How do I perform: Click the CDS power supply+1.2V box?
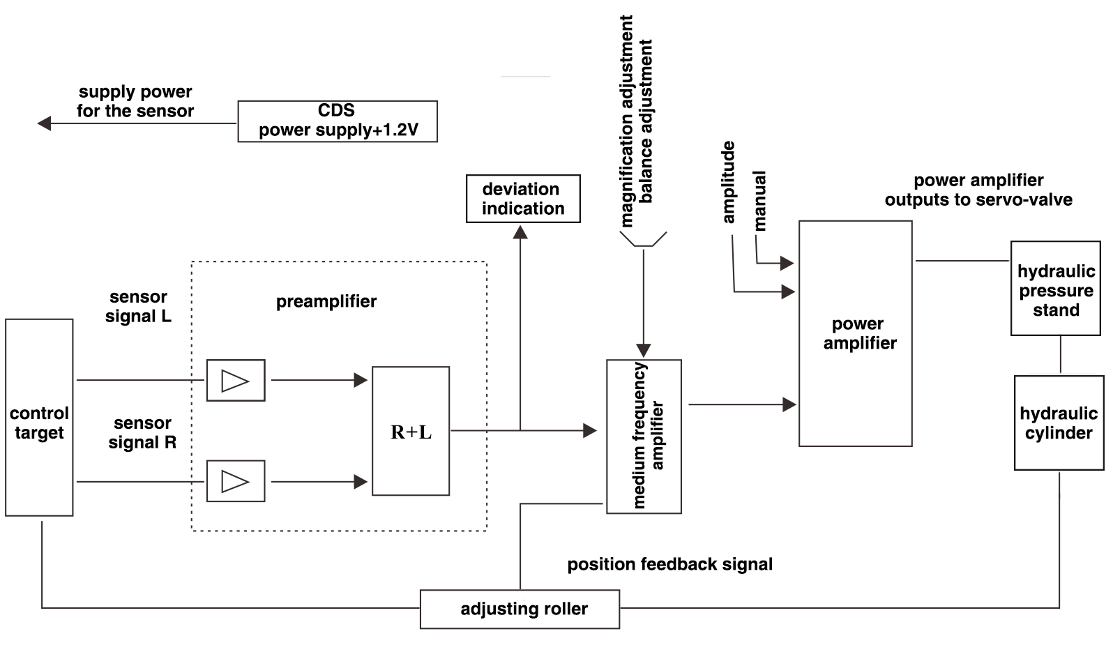click(338, 121)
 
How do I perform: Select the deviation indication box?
click(523, 199)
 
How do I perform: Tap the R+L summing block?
click(411, 432)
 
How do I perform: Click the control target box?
click(39, 418)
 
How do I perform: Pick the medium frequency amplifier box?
click(644, 437)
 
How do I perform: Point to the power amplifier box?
click(856, 334)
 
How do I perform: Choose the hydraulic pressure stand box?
click(1056, 289)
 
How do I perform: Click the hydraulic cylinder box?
click(1059, 423)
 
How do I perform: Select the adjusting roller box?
click(520, 609)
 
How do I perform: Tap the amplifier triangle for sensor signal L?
click(235, 381)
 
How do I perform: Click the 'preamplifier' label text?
click(326, 302)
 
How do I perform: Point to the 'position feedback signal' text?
click(669, 564)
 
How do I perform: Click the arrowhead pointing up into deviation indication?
click(520, 232)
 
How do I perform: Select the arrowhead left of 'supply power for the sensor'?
click(44, 123)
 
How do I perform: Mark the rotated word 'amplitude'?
click(729, 183)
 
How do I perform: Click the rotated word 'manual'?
click(759, 201)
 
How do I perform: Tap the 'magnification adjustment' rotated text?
click(626, 122)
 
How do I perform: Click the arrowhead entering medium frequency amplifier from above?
click(644, 350)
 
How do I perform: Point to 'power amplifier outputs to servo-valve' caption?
click(978, 190)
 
